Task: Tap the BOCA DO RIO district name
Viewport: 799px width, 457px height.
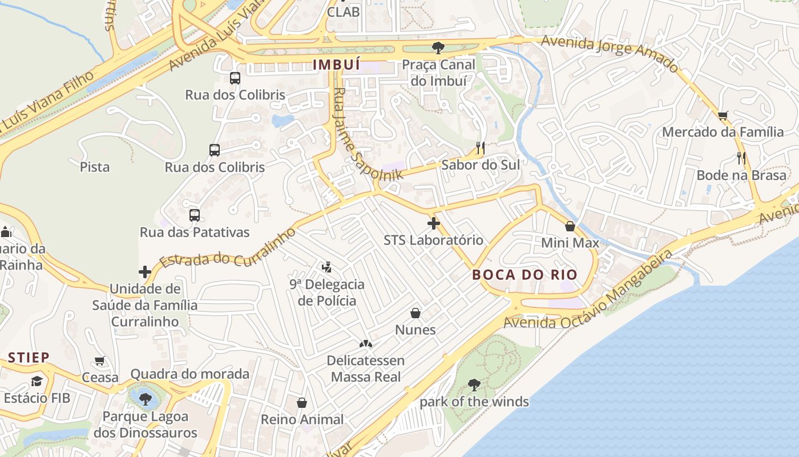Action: click(x=525, y=275)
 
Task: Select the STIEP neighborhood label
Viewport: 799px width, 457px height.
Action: click(x=29, y=358)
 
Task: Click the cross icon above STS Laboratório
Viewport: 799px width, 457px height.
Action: click(x=434, y=223)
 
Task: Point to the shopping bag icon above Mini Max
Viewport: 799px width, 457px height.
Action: click(x=570, y=226)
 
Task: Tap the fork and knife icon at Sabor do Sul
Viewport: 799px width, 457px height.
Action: click(x=480, y=149)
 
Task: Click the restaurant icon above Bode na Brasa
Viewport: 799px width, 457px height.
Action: click(x=741, y=158)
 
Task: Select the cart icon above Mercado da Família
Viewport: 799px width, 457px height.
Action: click(x=723, y=116)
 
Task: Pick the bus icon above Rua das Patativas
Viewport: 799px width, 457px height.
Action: click(x=195, y=215)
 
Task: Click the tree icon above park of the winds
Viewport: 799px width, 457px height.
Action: click(x=474, y=384)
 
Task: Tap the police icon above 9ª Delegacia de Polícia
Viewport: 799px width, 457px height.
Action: click(x=326, y=267)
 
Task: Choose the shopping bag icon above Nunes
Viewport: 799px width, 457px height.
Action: click(x=415, y=313)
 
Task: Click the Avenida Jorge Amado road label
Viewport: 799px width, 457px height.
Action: click(x=611, y=53)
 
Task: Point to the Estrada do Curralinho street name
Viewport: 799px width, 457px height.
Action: click(x=228, y=247)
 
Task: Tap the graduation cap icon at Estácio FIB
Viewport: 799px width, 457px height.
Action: click(x=37, y=381)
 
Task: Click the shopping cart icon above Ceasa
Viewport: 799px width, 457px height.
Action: click(x=100, y=361)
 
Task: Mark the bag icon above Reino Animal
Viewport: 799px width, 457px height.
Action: click(x=302, y=403)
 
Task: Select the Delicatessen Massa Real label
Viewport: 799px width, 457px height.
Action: click(x=366, y=368)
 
